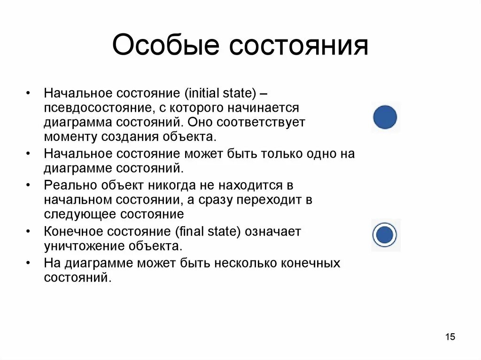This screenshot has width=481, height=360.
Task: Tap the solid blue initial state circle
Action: pyautogui.click(x=385, y=117)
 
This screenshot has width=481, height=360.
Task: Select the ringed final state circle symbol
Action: pyautogui.click(x=385, y=235)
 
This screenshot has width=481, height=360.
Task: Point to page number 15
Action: pyautogui.click(x=450, y=337)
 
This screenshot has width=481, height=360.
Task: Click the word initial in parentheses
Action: pyautogui.click(x=203, y=92)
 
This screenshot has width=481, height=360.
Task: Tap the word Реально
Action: pyautogui.click(x=67, y=185)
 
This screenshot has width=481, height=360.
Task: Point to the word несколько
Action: pyautogui.click(x=246, y=262)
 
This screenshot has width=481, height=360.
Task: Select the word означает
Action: pyautogui.click(x=274, y=231)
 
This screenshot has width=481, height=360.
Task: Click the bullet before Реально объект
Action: pyautogui.click(x=30, y=185)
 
